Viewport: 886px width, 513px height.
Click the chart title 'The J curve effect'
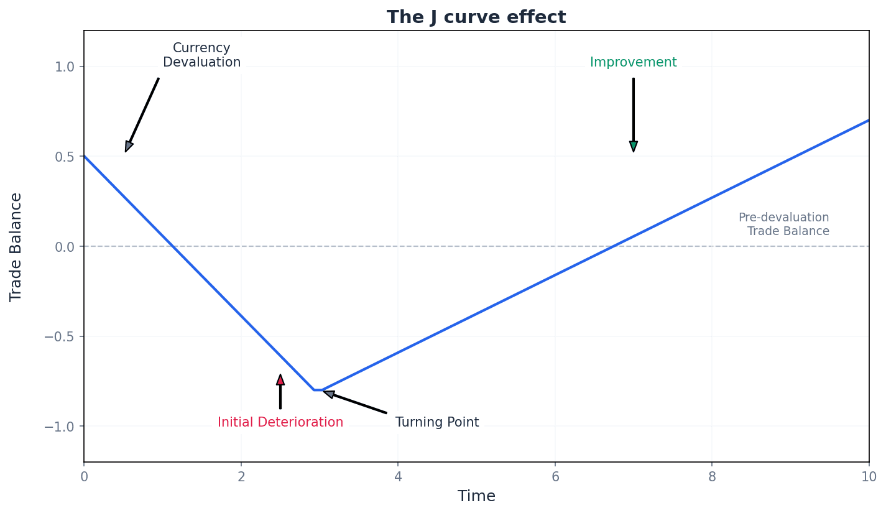pos(476,17)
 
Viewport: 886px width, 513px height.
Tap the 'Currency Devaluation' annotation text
pos(201,55)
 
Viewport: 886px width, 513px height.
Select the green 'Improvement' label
pos(633,63)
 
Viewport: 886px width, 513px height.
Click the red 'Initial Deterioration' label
pos(280,423)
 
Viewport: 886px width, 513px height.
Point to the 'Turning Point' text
pos(437,423)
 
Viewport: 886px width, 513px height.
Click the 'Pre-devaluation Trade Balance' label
pos(784,224)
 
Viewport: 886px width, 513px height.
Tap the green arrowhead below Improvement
pos(633,147)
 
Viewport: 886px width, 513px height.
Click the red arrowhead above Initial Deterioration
pos(280,379)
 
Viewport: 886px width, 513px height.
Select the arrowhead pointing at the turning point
pos(329,394)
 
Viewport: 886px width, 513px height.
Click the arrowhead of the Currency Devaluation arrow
pos(129,146)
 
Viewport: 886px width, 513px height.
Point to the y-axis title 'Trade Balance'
pos(16,247)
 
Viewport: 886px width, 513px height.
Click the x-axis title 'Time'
pos(476,497)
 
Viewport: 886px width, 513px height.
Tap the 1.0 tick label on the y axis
pos(65,67)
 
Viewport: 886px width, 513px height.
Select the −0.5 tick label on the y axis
pos(61,336)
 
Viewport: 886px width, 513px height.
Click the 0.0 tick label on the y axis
pos(65,247)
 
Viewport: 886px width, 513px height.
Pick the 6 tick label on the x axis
pos(555,477)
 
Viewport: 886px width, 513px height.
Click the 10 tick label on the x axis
pos(869,477)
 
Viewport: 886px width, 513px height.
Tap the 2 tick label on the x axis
pos(241,477)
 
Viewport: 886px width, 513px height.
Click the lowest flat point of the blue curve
pos(318,390)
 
